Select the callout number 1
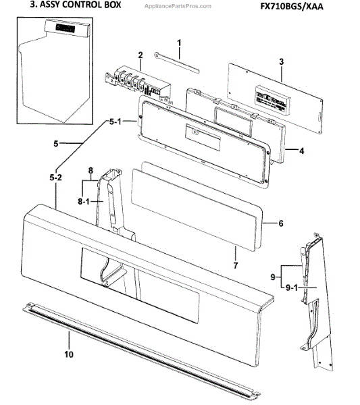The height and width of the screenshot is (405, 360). tap(180, 43)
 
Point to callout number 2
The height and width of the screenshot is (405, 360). tap(140, 55)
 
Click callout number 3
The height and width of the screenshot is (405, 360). tap(280, 61)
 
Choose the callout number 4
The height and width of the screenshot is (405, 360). tap(302, 151)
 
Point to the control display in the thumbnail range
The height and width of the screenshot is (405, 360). tap(65, 30)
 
